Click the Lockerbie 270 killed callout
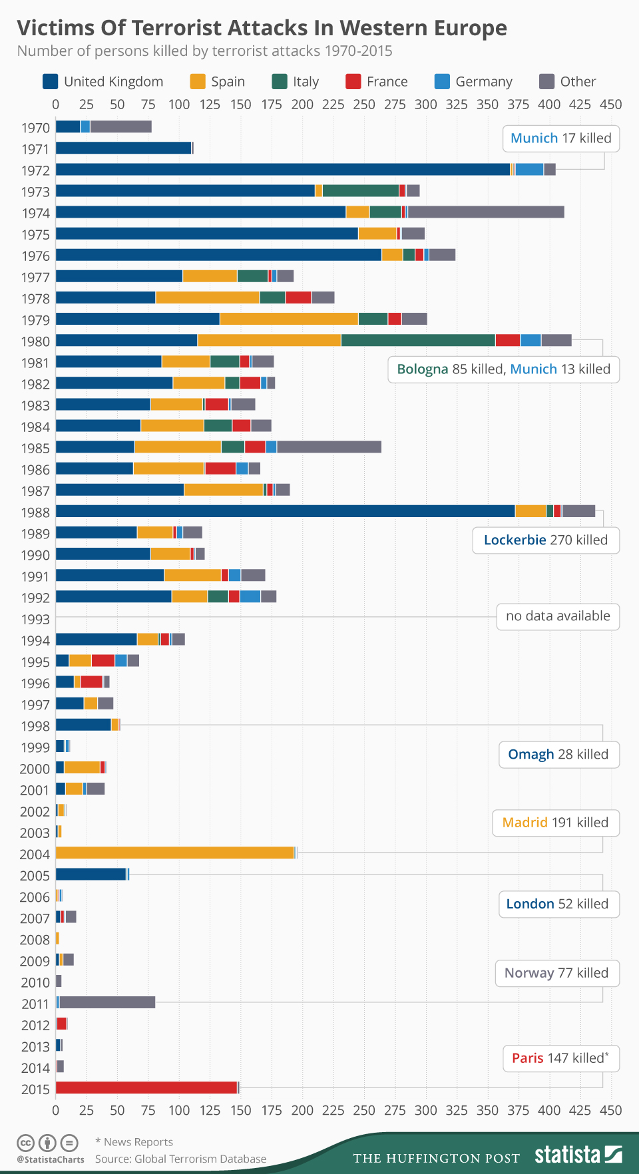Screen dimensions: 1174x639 [x=546, y=540]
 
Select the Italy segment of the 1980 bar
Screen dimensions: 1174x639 [x=418, y=340]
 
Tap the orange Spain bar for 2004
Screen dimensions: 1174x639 [x=174, y=853]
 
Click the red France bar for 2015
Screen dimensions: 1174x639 [x=146, y=1087]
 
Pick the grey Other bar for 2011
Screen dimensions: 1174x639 [x=107, y=1002]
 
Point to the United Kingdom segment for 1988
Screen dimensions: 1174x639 [x=285, y=511]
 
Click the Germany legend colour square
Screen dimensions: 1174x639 [x=442, y=81]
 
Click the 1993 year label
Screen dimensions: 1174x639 [x=35, y=619]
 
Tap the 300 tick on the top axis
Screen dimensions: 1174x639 [x=426, y=104]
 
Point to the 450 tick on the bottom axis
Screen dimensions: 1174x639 [x=610, y=1110]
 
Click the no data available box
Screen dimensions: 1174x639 [x=558, y=616]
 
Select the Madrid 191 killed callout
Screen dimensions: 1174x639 [x=555, y=823]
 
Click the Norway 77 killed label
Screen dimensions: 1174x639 [x=556, y=973]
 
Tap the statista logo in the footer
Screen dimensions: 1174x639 [x=578, y=1154]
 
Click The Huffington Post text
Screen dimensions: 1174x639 [x=436, y=1158]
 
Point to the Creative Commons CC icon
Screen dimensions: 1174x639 [x=25, y=1143]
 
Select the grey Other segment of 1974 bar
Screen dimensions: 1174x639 [x=486, y=212]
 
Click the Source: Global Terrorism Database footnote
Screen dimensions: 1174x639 [x=180, y=1159]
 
